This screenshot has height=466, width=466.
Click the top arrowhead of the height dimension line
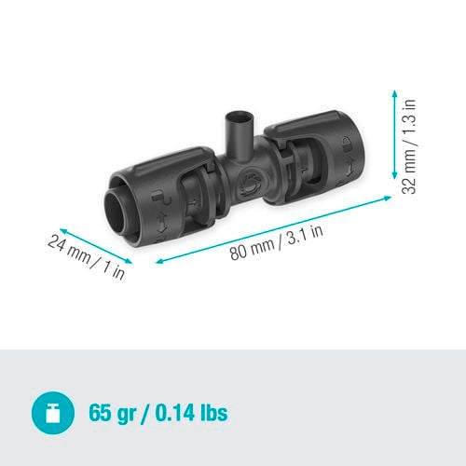pyautogui.click(x=395, y=90)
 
